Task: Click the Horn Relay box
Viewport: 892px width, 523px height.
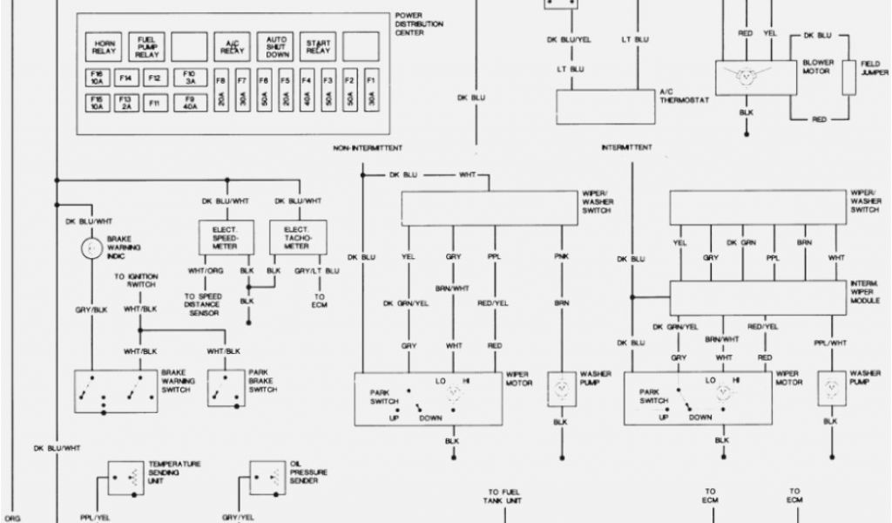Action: click(x=105, y=46)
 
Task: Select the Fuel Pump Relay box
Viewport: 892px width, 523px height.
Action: click(x=146, y=46)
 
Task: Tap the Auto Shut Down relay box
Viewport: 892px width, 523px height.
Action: click(x=277, y=46)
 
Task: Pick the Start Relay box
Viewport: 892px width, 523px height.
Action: click(x=319, y=46)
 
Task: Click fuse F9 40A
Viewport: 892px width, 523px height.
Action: click(x=189, y=105)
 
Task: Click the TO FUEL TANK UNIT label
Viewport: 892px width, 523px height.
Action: click(x=504, y=496)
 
